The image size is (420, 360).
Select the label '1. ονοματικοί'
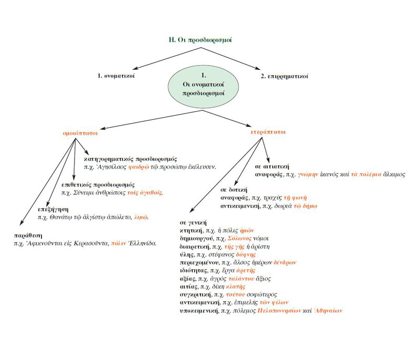(x=117, y=77)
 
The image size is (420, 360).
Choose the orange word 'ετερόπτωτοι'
(x=268, y=132)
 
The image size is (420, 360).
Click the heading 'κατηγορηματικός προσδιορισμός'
(x=133, y=158)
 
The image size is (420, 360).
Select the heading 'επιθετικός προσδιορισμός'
(x=98, y=185)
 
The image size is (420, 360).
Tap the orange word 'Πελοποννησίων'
(x=280, y=311)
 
